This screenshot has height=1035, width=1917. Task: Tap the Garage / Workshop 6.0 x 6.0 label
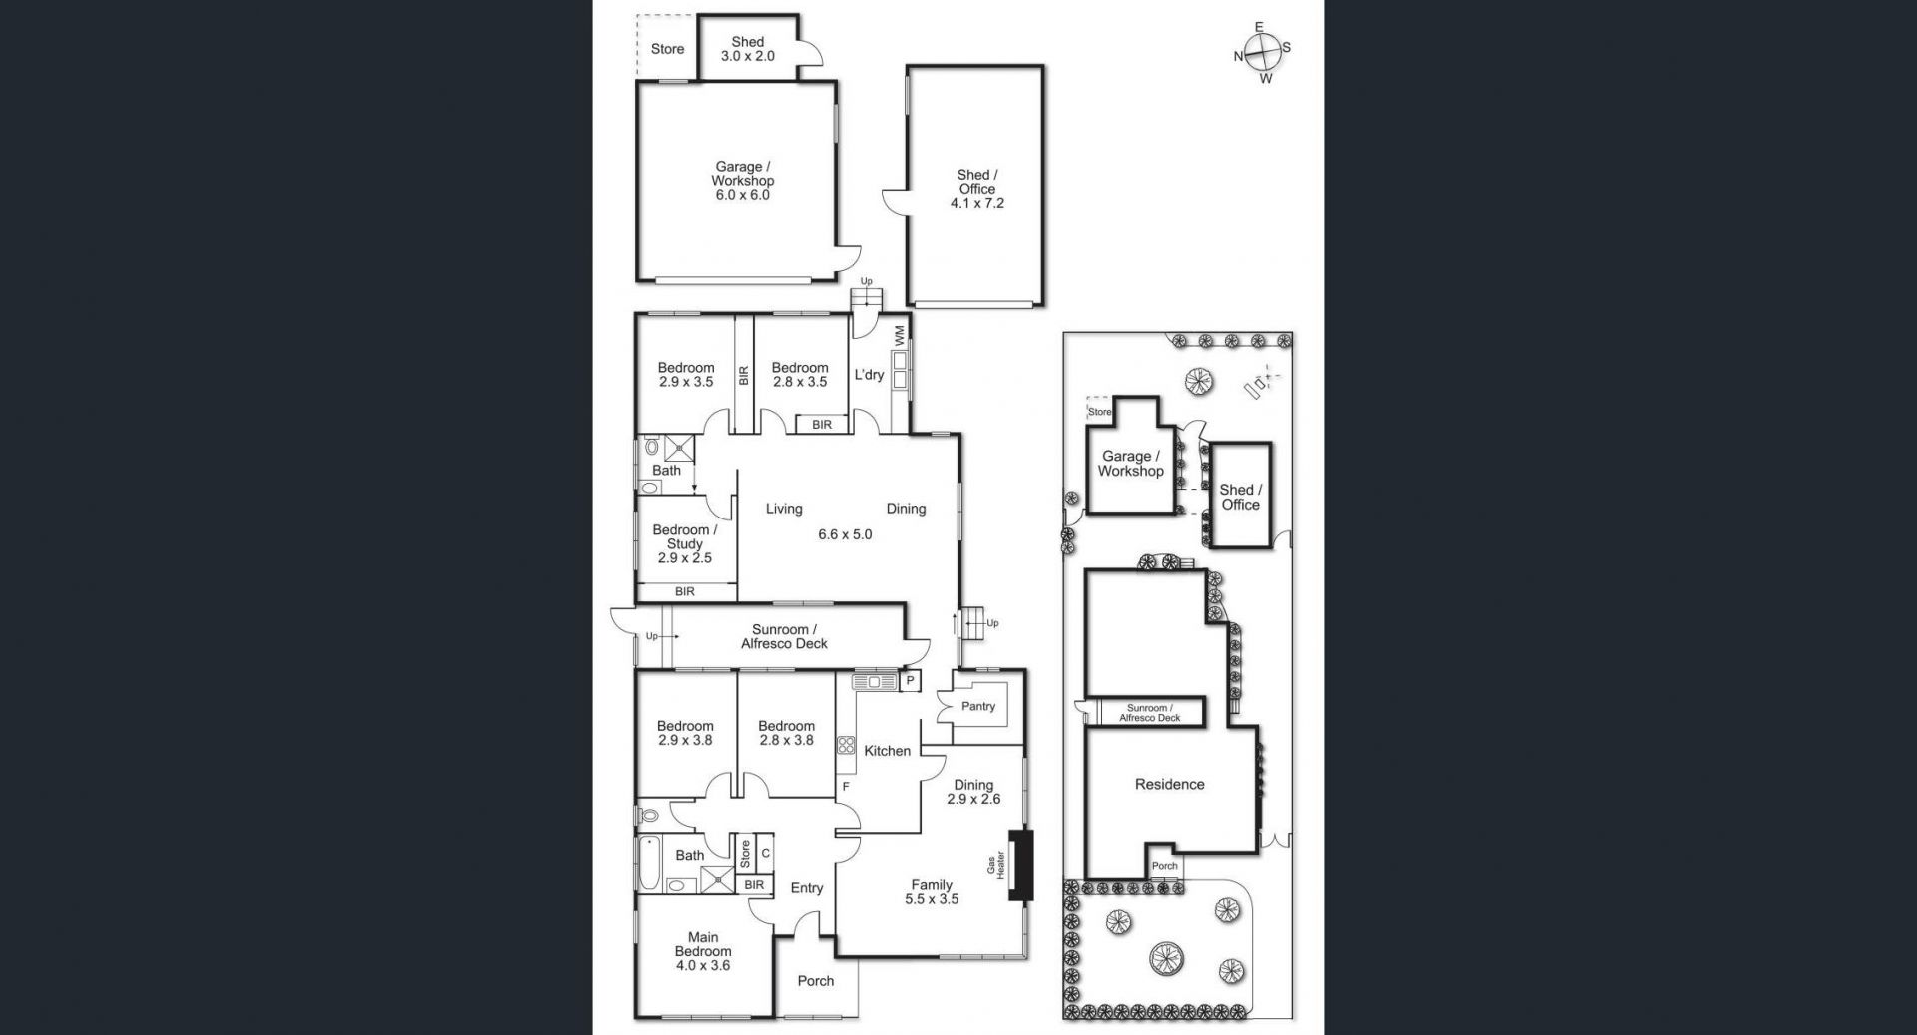point(742,181)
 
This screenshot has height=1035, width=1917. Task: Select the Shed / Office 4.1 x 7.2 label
point(976,189)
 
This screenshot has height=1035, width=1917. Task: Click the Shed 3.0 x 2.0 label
point(748,49)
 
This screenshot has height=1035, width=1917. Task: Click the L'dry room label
point(869,375)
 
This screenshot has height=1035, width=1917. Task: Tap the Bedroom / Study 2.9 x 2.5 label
point(684,544)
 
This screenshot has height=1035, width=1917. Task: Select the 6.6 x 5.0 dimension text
point(845,534)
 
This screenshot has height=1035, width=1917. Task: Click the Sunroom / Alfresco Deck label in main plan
point(784,637)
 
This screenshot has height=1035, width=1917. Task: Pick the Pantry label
point(978,706)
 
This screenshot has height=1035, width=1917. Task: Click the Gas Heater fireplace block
point(1021,866)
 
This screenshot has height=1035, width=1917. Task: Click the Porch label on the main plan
point(816,981)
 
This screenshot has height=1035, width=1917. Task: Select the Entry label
point(807,888)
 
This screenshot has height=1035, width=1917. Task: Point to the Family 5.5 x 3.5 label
point(932,891)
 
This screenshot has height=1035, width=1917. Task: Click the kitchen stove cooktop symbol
point(846,744)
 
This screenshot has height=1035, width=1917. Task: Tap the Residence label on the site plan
point(1169,785)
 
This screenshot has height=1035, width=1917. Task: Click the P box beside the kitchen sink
point(910,681)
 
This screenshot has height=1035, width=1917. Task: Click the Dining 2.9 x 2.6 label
point(973,792)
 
